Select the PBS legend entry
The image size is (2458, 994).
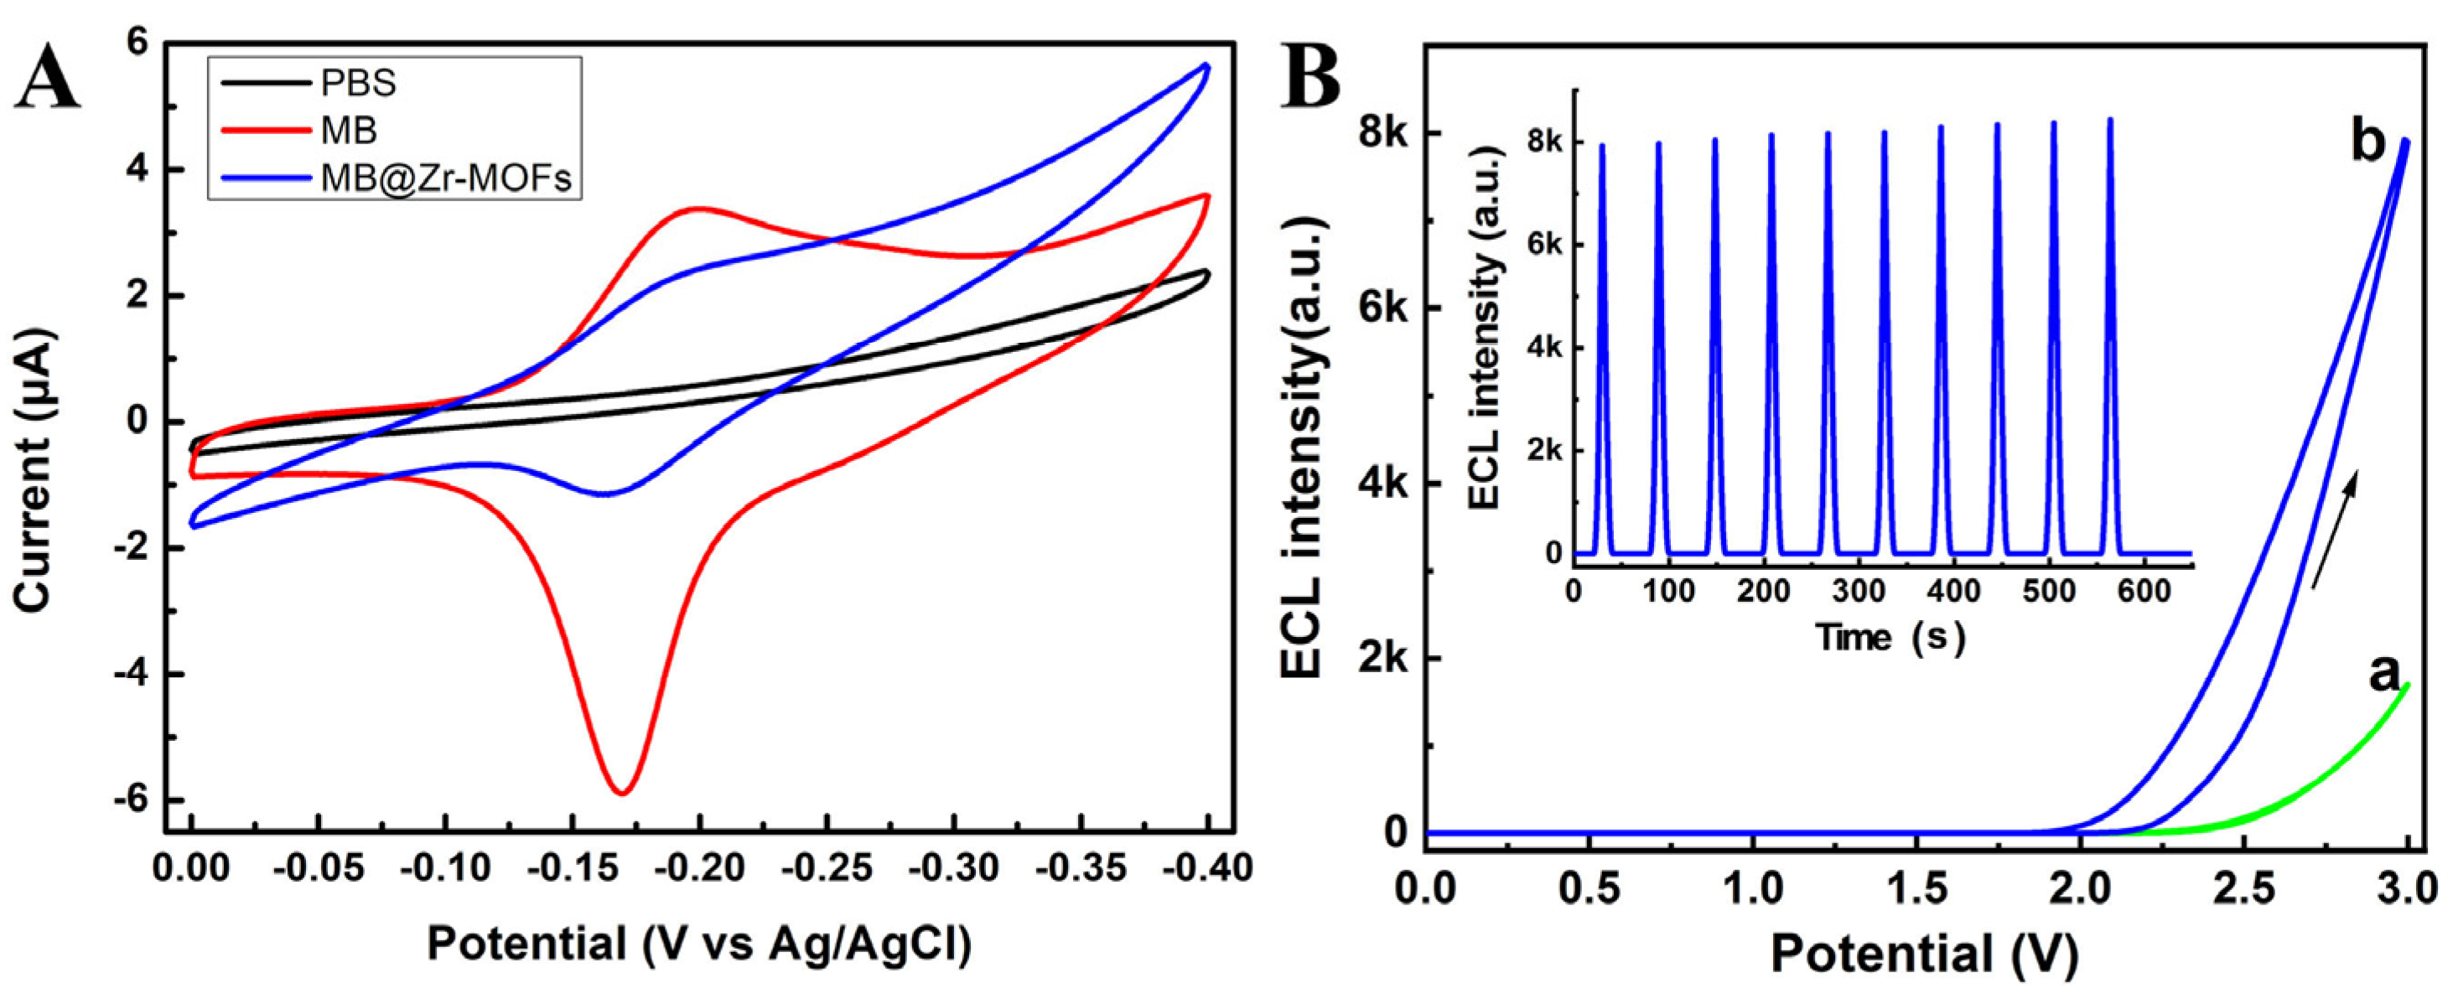(x=357, y=83)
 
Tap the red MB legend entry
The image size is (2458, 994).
(x=348, y=130)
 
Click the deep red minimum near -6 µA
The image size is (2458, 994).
(x=622, y=791)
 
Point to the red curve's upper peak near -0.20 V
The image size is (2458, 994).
(x=698, y=208)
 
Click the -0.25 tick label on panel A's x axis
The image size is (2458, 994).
(x=827, y=869)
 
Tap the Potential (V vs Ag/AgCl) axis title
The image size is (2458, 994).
(x=698, y=944)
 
